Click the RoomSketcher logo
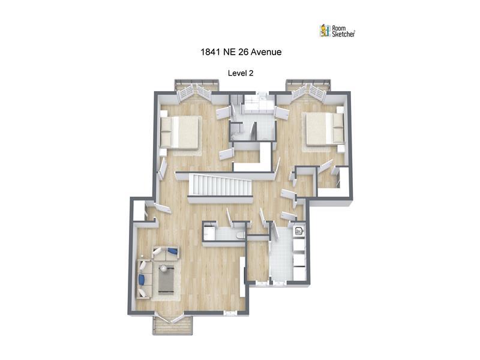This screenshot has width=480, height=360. click(337, 31)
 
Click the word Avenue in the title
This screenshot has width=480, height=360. click(266, 52)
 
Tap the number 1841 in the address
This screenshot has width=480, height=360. click(211, 52)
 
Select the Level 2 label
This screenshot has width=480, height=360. click(241, 73)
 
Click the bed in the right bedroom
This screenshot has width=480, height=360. click(325, 128)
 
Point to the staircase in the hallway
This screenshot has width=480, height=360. click(220, 185)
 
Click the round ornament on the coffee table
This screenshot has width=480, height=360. click(163, 268)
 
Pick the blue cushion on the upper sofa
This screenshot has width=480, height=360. click(173, 251)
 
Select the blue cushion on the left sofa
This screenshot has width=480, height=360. click(142, 280)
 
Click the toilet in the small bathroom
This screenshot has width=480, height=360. click(241, 235)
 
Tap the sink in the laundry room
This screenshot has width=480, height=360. click(298, 231)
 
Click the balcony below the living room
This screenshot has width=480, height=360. click(173, 325)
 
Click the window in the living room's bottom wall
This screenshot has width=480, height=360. click(230, 313)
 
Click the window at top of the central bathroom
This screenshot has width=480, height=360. click(262, 94)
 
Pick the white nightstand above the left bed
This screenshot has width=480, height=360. click(163, 113)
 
